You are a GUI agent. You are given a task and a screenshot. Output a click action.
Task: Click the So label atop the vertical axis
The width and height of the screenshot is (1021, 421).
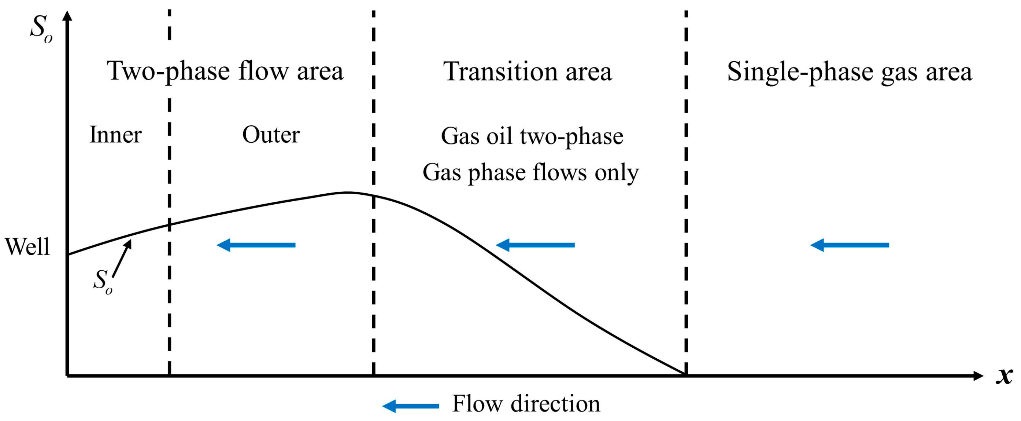click(41, 29)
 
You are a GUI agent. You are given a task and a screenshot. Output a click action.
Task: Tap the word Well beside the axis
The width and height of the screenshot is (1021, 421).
click(27, 246)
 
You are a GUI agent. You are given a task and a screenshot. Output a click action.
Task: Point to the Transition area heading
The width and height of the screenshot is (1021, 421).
click(527, 72)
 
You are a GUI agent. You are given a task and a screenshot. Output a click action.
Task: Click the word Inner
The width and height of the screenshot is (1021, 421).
click(115, 135)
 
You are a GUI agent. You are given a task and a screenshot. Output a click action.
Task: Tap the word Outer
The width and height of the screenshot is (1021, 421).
click(271, 135)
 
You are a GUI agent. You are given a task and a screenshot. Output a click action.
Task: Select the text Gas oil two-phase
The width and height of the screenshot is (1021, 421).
click(532, 136)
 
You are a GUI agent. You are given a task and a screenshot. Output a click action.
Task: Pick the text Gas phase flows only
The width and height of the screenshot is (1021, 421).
click(531, 172)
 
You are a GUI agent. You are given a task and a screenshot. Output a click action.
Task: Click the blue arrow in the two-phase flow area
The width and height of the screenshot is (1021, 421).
click(256, 245)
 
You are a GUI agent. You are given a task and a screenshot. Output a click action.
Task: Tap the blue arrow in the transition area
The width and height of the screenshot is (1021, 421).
click(535, 245)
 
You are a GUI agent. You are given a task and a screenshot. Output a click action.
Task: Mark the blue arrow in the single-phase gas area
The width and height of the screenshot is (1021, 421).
click(850, 245)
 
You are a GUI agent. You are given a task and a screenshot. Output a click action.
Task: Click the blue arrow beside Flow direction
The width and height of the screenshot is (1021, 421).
click(411, 406)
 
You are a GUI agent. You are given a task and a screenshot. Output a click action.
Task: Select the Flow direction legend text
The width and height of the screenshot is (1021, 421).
click(526, 404)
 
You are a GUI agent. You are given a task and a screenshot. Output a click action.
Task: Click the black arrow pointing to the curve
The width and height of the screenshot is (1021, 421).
click(122, 258)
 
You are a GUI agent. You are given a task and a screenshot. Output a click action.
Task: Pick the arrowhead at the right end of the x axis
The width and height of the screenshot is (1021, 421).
click(978, 376)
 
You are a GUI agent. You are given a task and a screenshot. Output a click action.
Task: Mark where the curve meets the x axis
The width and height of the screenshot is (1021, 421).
click(685, 374)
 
